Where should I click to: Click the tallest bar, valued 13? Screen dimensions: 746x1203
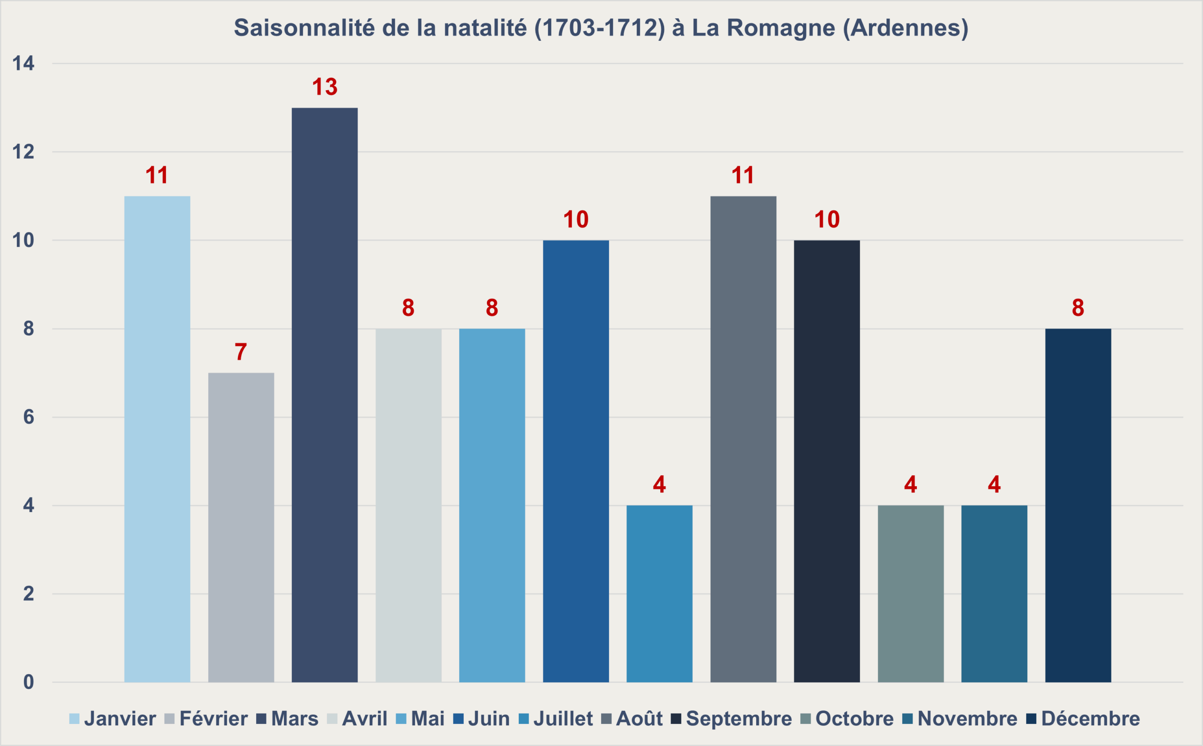click(325, 395)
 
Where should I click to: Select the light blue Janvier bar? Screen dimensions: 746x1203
click(157, 439)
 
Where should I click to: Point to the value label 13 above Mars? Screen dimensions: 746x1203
click(325, 87)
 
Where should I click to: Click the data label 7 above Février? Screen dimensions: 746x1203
click(241, 352)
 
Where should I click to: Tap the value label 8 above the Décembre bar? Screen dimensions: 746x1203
click(1078, 307)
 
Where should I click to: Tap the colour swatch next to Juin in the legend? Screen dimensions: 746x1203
click(458, 719)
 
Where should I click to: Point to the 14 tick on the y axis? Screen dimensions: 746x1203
click(23, 63)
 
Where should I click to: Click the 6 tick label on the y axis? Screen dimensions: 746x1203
click(29, 418)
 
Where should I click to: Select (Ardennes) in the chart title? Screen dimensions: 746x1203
click(906, 28)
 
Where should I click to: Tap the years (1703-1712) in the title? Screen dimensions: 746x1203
click(600, 28)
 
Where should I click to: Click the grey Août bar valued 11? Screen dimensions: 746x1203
click(743, 439)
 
